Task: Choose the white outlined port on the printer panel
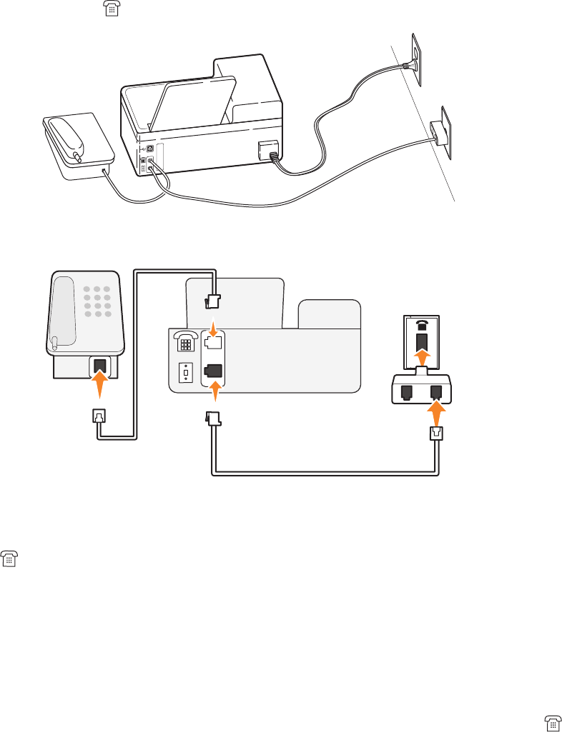212,342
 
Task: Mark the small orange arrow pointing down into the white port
212,326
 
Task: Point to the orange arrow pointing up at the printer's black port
212,392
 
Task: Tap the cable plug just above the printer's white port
212,301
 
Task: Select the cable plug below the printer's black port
212,418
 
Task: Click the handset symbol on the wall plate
421,326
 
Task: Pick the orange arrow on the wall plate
421,357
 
